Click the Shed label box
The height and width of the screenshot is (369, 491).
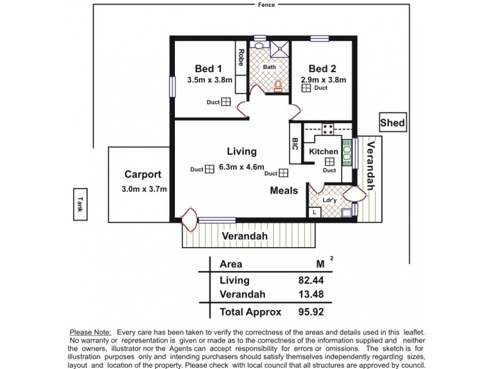(392, 123)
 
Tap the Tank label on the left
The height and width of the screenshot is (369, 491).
(79, 204)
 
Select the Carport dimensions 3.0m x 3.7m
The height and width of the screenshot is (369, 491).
(144, 189)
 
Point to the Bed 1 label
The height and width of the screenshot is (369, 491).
(209, 68)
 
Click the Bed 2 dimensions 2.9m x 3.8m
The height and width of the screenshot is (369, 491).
(323, 79)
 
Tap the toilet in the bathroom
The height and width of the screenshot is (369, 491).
(278, 85)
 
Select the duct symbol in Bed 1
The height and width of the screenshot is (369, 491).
(226, 103)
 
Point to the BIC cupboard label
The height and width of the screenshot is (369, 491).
(295, 143)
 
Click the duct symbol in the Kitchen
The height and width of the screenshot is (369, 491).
(330, 161)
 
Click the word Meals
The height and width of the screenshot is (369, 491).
(284, 191)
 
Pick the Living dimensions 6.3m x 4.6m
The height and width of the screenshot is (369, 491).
(241, 167)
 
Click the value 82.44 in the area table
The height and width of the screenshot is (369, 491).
(311, 280)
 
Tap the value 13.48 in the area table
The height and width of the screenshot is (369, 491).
(311, 295)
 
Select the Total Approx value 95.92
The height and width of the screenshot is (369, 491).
(311, 312)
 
